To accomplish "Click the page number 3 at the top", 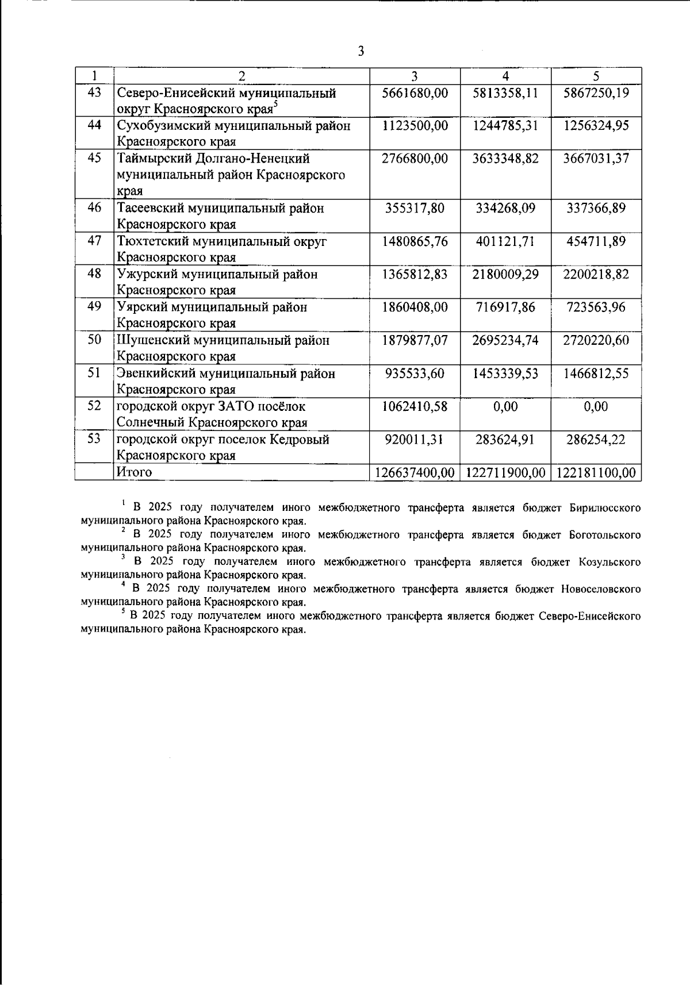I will click(361, 52).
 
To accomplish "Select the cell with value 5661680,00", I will click(415, 93).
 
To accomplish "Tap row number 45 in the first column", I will click(94, 158).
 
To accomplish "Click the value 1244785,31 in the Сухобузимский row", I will click(505, 126).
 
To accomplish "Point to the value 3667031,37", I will click(596, 159).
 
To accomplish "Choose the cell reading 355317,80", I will click(415, 208).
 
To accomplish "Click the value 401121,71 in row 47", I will click(505, 241).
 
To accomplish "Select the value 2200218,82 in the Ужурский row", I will click(596, 274).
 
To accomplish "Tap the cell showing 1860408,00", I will click(415, 307).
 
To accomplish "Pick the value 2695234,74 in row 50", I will click(505, 340).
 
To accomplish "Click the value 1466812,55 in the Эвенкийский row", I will click(596, 374).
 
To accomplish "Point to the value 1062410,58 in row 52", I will click(415, 406).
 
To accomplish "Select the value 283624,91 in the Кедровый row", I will click(505, 440).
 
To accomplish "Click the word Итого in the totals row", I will click(134, 472).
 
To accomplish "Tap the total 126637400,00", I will click(415, 473).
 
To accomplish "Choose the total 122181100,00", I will click(596, 473).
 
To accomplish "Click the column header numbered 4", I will click(505, 76).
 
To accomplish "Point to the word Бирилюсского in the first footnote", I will click(605, 508).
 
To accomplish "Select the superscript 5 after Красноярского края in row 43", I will click(276, 104).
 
